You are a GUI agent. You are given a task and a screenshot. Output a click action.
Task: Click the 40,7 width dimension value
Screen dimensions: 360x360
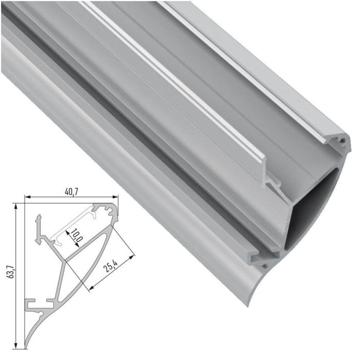click(71, 191)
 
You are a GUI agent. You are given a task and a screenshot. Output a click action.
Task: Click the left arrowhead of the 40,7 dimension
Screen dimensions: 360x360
click(28, 196)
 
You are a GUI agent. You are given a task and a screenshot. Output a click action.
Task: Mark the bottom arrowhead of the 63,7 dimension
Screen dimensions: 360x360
click(16, 346)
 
